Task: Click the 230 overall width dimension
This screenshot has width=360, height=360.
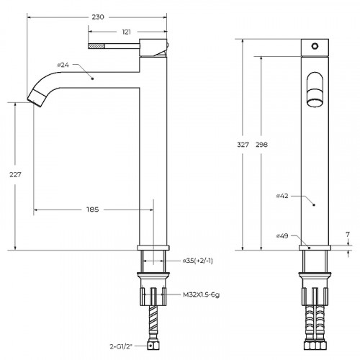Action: tap(98, 17)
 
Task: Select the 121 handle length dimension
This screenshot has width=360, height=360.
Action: tap(126, 32)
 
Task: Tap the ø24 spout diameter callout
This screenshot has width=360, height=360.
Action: tap(63, 65)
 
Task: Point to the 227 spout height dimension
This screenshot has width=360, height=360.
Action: tap(15, 175)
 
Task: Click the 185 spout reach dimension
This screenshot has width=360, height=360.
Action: tap(93, 210)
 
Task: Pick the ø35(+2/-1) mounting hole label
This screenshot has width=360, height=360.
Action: tap(198, 261)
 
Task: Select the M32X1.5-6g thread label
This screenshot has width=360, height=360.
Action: tap(201, 294)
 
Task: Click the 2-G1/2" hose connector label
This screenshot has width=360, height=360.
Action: tap(121, 346)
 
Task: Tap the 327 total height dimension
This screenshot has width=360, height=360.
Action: tap(243, 145)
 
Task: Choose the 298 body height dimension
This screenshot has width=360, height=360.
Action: tap(261, 145)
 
